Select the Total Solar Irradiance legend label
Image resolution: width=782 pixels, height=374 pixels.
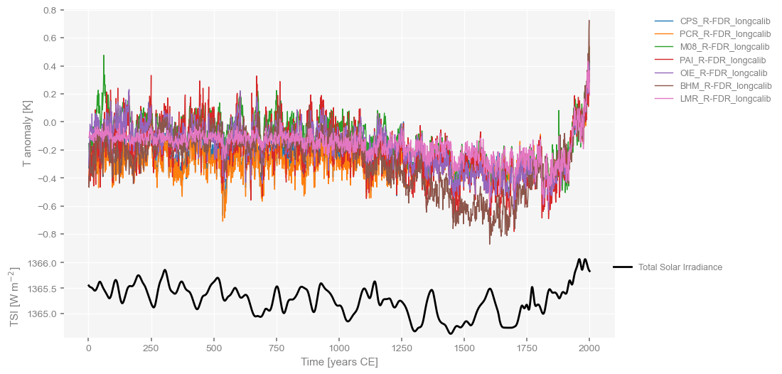pyautogui.click(x=680, y=267)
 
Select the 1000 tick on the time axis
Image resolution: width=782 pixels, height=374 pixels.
pyautogui.click(x=339, y=349)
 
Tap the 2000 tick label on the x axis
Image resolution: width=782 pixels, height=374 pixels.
pyautogui.click(x=589, y=349)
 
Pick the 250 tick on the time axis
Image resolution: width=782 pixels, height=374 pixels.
pyautogui.click(x=151, y=349)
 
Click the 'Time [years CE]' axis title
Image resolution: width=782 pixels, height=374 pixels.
pyautogui.click(x=339, y=363)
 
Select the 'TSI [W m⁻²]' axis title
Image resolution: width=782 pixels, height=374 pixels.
pyautogui.click(x=14, y=298)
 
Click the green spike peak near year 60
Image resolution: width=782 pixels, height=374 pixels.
pyautogui.click(x=104, y=55)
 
